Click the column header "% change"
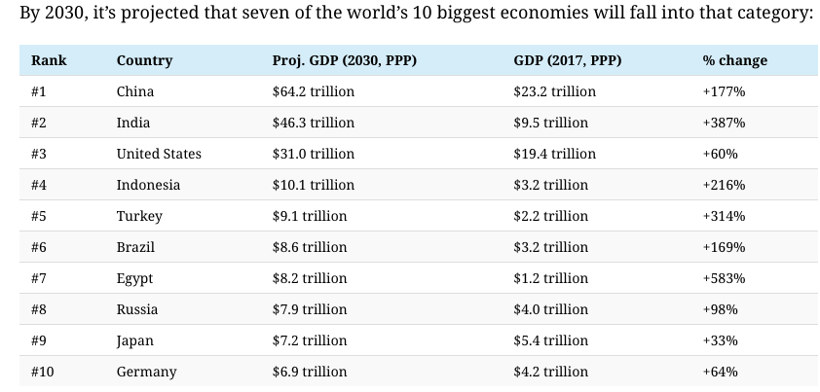point(734,60)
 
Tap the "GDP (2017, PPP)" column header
point(567,60)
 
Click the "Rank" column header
point(49,60)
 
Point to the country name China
point(135,91)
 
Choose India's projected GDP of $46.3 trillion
point(314,123)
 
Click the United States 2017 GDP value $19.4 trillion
point(554,154)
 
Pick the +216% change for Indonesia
point(724,185)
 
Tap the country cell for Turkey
point(139,216)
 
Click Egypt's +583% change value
point(724,278)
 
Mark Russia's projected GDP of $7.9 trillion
point(310,309)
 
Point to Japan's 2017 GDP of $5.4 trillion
point(550,340)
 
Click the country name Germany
point(146,372)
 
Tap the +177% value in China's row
point(724,91)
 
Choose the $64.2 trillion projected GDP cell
point(314,91)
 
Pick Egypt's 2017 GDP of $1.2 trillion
point(550,278)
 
